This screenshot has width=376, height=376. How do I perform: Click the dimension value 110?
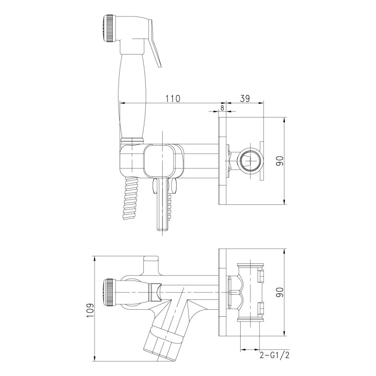tap(173, 98)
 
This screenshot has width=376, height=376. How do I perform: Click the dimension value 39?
tap(245, 98)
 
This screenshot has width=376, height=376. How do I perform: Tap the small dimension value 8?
tap(222, 108)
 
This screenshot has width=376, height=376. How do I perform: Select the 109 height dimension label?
tap(90, 310)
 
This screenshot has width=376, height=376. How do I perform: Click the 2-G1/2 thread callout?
tap(274, 355)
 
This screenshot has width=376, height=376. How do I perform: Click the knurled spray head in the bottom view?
tap(108, 291)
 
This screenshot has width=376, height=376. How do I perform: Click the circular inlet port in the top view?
tap(248, 161)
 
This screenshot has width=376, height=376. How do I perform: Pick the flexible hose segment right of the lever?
tap(171, 207)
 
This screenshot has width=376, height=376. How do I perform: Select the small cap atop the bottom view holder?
tap(151, 258)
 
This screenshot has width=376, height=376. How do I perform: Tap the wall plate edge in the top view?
tap(221, 161)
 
